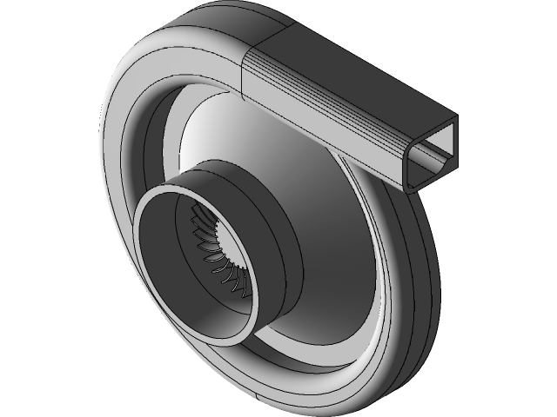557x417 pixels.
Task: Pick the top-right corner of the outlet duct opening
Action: tap(458, 117)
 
